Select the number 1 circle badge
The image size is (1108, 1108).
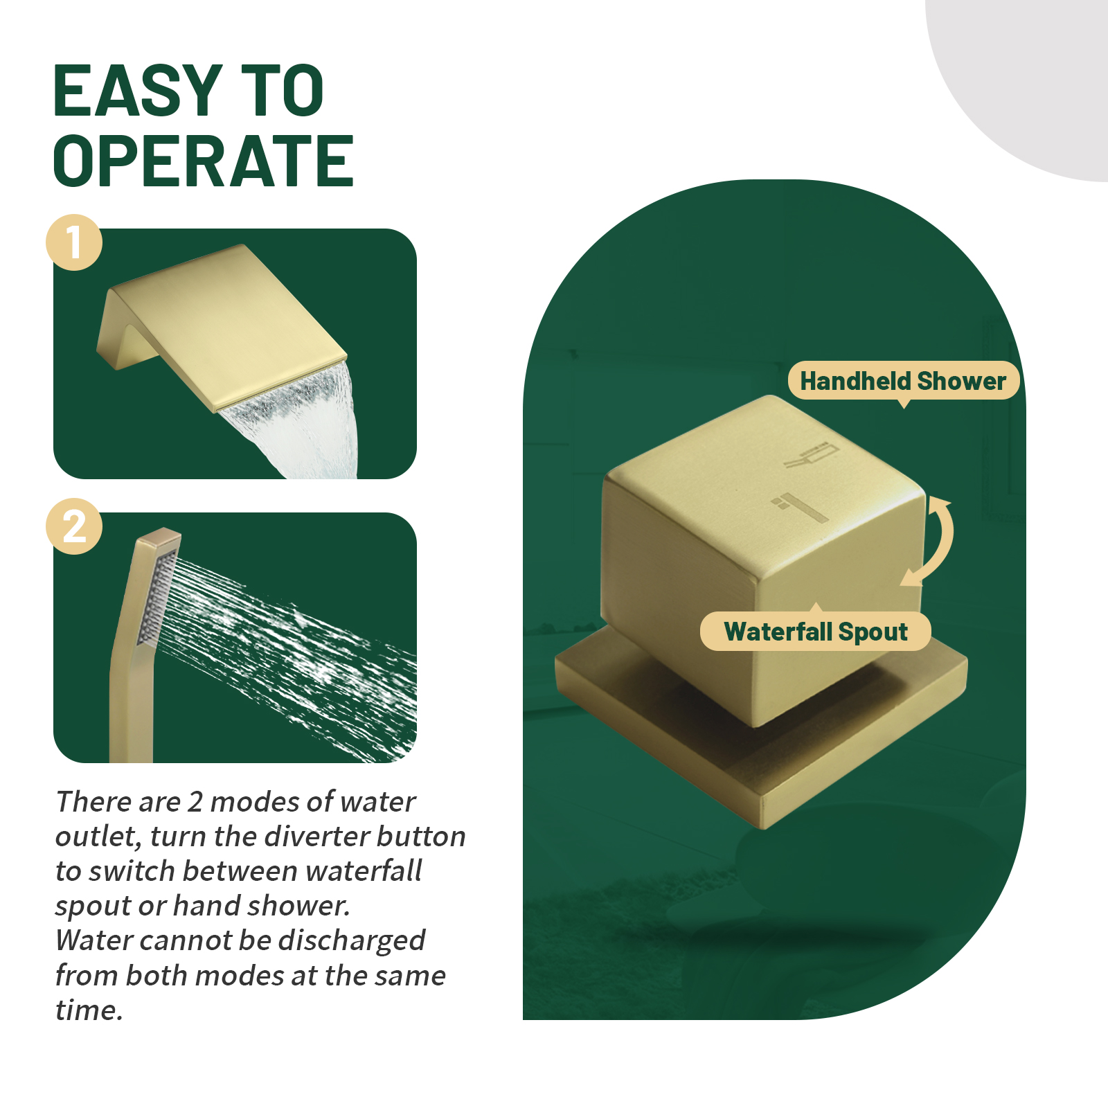74,242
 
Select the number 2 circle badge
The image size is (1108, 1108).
74,526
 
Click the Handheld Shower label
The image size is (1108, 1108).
903,381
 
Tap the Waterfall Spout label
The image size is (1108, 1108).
816,632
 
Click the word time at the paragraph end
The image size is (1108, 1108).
89,1010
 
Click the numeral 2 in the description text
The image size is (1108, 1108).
195,802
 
